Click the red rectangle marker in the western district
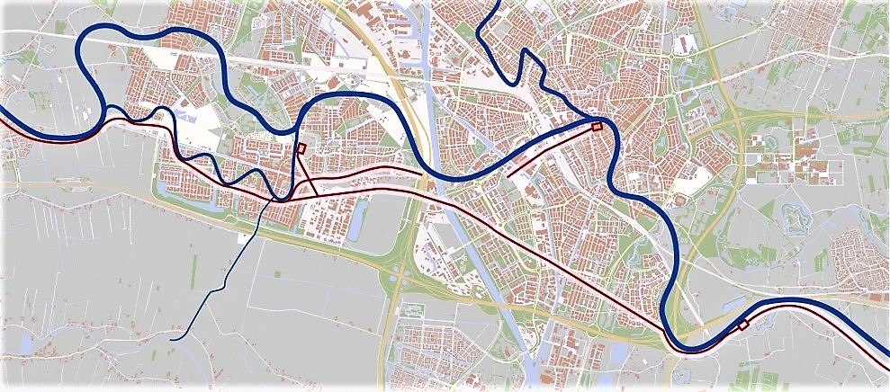(301, 149)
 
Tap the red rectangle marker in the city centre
(596, 127)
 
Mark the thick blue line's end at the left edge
(3, 111)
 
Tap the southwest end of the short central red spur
(509, 174)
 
